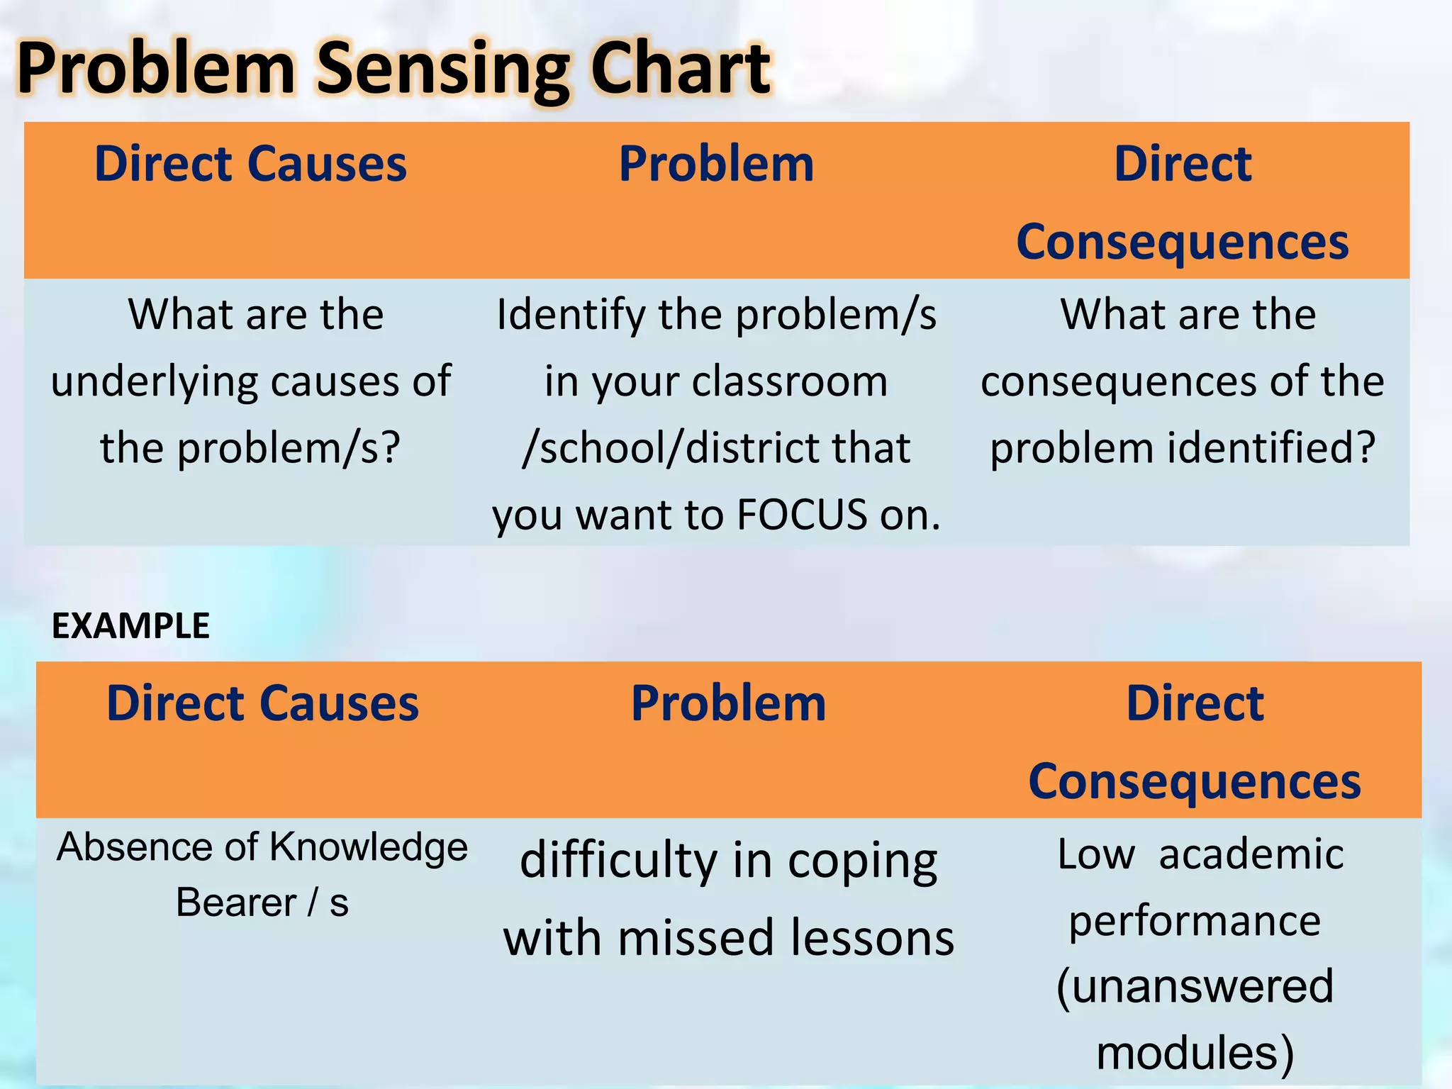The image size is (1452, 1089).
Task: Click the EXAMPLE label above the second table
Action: (130, 626)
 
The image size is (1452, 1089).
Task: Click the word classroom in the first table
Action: (789, 381)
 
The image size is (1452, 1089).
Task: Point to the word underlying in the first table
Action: (155, 383)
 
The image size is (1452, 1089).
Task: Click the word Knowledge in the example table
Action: (369, 847)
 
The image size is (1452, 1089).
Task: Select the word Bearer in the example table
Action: (236, 903)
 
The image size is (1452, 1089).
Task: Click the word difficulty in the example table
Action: (619, 861)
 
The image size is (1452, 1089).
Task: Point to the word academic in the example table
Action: (1251, 854)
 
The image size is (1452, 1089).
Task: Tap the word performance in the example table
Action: (1195, 921)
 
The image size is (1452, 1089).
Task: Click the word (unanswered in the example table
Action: (1195, 986)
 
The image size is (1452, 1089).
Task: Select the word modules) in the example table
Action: (1195, 1052)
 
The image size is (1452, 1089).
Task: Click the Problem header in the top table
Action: (716, 164)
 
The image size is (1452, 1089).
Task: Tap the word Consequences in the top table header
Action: (1182, 242)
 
